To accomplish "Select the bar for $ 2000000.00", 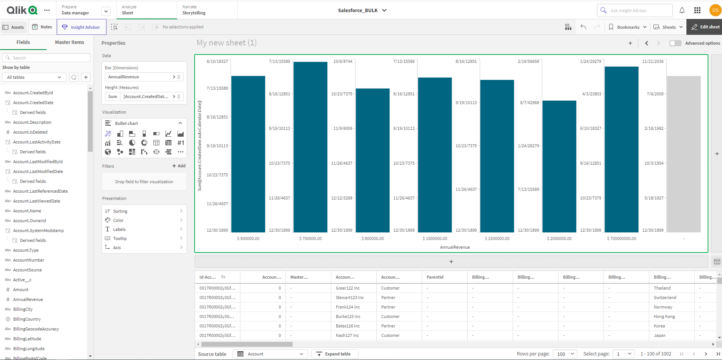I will tap(559, 166).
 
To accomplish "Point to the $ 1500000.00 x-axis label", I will tap(497, 238).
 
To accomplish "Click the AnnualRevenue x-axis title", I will tap(455, 247).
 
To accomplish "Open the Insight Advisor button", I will tap(81, 27).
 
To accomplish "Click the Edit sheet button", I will tap(705, 27).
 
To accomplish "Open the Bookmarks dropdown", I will tap(628, 27).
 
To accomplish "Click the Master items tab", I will tap(69, 42).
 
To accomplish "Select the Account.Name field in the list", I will tap(27, 211).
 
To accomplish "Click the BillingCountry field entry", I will tap(27, 319).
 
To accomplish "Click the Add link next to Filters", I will tap(179, 166).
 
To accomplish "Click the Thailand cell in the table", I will tap(662, 288).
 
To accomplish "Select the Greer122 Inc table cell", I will tap(348, 288).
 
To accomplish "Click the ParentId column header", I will tap(435, 277).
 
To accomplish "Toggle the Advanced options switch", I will tap(675, 43).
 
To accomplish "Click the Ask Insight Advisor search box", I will tap(635, 11).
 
